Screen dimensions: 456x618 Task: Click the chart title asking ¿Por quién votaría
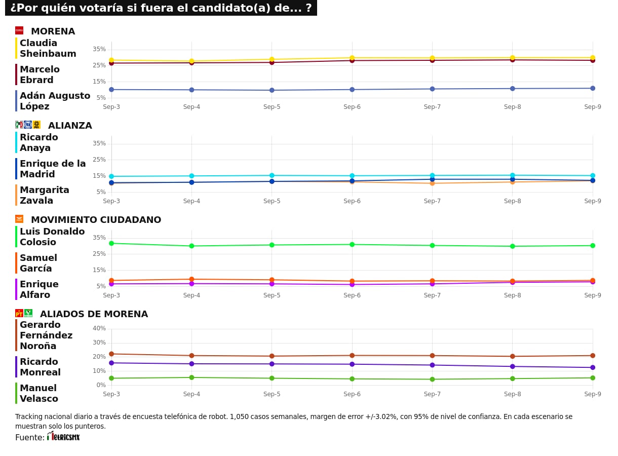pos(161,8)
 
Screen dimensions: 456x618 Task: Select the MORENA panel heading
pos(53,31)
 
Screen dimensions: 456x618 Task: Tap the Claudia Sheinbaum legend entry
pos(48,49)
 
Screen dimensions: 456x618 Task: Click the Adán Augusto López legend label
pos(55,101)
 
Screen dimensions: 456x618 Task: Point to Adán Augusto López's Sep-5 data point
pos(272,90)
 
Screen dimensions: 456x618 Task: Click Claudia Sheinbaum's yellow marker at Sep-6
pos(352,58)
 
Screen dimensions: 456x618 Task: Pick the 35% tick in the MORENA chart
pos(99,49)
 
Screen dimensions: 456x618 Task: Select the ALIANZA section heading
pos(70,126)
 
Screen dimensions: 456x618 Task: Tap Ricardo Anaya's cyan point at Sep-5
pos(272,175)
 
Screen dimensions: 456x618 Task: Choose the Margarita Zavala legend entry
pos(44,196)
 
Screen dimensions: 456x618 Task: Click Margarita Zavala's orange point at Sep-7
pos(432,183)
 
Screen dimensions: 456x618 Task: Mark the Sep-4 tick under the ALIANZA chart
pos(191,201)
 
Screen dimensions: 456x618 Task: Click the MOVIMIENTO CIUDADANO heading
pos(96,220)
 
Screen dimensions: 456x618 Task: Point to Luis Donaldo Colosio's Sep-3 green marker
pos(111,243)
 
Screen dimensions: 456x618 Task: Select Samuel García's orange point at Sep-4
pos(191,279)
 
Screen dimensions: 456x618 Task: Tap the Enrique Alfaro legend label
pos(39,290)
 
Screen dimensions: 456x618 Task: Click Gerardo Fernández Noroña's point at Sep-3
pos(111,354)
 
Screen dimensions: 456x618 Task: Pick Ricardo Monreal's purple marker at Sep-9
pos(593,367)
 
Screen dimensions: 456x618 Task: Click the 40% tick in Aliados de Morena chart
pos(99,328)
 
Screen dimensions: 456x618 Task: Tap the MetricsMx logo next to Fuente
pos(63,437)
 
